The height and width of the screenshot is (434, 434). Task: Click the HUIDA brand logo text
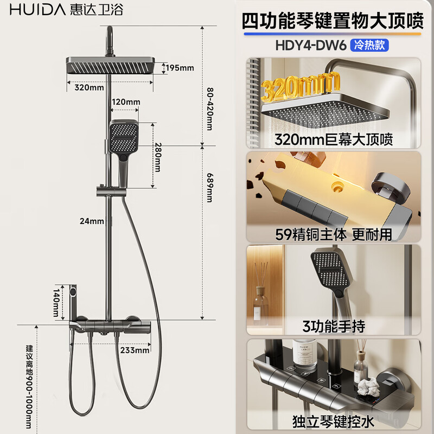(34, 9)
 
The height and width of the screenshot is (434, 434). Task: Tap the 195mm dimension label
(179, 68)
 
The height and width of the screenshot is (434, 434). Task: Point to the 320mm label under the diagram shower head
(90, 87)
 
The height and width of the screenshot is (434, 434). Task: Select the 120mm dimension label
(126, 102)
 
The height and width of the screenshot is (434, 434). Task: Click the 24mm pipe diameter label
(92, 221)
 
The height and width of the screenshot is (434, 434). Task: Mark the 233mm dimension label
(135, 350)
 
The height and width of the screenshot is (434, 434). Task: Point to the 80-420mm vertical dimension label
(210, 109)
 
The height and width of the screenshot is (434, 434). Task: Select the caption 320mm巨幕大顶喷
(334, 139)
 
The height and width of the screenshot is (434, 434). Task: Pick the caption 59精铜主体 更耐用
(334, 236)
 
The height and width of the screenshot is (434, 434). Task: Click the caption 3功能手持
(334, 327)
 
